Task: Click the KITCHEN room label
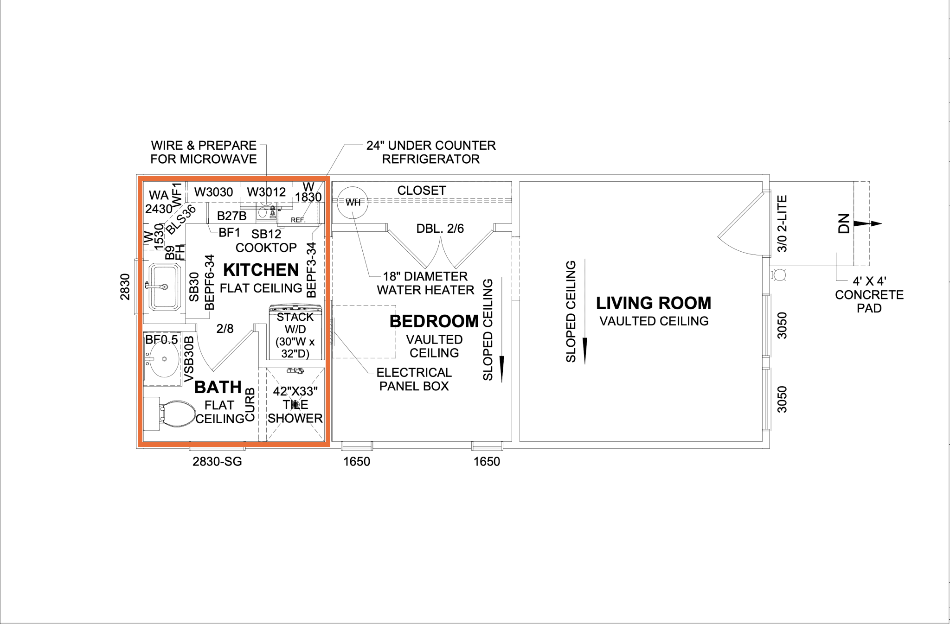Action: [261, 270]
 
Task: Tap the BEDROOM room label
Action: [434, 321]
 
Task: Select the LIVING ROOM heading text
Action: [654, 303]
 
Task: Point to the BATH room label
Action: [218, 387]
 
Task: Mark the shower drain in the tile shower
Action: [295, 404]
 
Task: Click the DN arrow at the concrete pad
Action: [867, 223]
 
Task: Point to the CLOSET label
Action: [422, 191]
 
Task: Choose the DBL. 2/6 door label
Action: [440, 229]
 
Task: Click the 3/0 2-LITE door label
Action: [782, 223]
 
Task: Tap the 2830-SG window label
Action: [218, 462]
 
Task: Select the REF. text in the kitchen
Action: [298, 220]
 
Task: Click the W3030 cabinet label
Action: [213, 192]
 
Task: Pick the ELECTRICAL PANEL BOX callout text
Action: [414, 379]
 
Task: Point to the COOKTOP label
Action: [266, 248]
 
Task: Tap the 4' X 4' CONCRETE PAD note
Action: [869, 294]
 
